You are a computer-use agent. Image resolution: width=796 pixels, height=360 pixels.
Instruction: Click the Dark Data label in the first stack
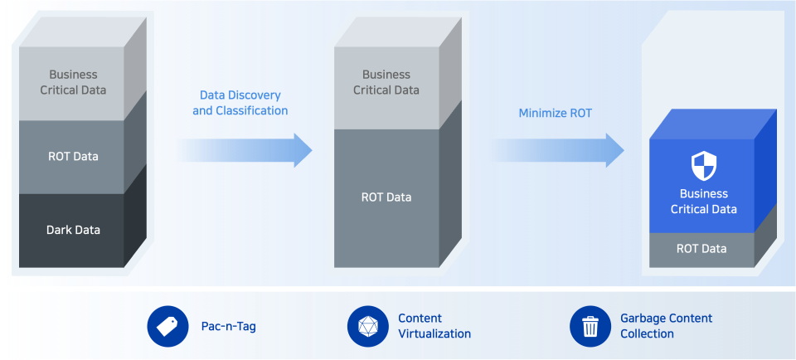[x=73, y=230]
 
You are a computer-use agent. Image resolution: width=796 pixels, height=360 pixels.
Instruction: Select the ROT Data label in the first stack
[x=73, y=157]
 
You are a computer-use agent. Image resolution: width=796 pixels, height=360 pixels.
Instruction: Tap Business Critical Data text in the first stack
[x=73, y=82]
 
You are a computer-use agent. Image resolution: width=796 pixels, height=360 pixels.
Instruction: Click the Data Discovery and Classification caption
[x=240, y=103]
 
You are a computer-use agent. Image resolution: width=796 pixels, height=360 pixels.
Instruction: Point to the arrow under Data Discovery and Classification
[x=244, y=150]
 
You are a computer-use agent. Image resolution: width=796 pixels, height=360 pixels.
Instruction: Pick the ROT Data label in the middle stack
[x=386, y=197]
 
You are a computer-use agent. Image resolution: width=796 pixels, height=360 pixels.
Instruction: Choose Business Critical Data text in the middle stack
[x=386, y=82]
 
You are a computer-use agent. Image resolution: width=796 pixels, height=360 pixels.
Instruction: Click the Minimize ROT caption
[x=556, y=114]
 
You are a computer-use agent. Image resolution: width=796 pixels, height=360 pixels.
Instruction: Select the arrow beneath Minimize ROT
[x=556, y=150]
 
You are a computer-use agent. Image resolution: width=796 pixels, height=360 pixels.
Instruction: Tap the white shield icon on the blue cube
[x=704, y=166]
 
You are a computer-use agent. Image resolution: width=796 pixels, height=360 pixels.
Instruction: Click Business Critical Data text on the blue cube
[x=704, y=201]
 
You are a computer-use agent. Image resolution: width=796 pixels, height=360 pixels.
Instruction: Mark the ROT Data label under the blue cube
[x=701, y=249]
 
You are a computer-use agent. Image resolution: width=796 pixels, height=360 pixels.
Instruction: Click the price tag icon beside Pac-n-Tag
[x=167, y=326]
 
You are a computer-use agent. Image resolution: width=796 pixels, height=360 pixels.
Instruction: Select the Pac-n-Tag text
[x=229, y=327]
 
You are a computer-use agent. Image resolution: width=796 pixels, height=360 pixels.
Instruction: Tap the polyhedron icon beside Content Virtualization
[x=367, y=326]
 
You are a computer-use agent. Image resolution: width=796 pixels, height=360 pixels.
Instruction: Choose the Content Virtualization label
[x=434, y=326]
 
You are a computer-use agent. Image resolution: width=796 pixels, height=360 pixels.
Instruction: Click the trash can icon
[x=590, y=326]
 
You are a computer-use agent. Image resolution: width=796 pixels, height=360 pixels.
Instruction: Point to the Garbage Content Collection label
[x=667, y=326]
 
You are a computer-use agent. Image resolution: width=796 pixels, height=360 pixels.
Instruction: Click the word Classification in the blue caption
[x=252, y=110]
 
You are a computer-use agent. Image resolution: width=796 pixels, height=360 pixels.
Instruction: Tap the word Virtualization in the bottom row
[x=434, y=333]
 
